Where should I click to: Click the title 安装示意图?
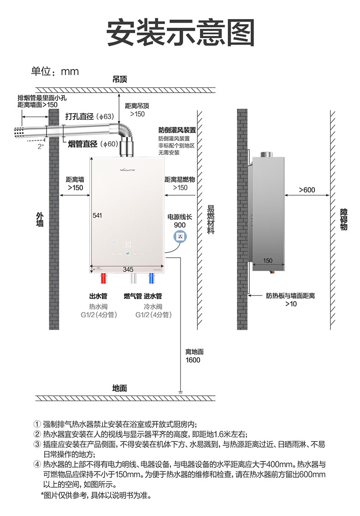(x=180, y=32)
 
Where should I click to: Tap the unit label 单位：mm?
(x=55, y=72)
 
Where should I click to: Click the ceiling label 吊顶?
(x=119, y=79)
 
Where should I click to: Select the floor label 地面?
(x=119, y=388)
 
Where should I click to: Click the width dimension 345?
(x=128, y=269)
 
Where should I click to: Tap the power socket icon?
(x=180, y=237)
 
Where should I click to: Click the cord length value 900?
(x=180, y=225)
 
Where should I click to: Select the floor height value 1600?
(x=192, y=360)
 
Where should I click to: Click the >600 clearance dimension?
(x=307, y=190)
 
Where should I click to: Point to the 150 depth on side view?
(x=267, y=260)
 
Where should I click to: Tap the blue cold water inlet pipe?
(x=152, y=279)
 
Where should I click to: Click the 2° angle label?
(x=41, y=147)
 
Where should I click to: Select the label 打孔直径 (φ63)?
(x=89, y=116)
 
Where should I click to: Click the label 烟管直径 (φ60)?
(x=93, y=144)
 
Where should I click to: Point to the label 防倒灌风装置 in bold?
(x=177, y=130)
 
